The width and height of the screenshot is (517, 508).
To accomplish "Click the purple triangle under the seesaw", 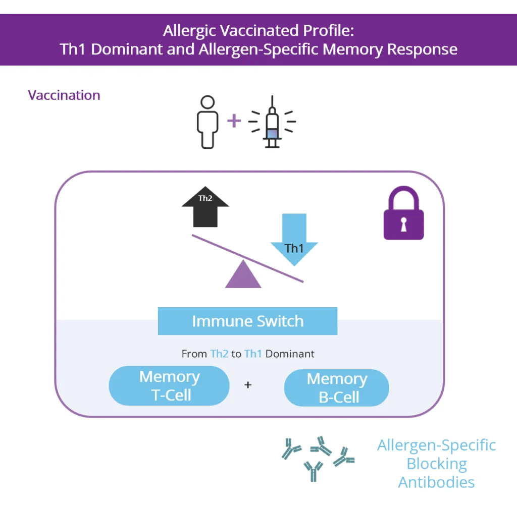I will pos(243,275).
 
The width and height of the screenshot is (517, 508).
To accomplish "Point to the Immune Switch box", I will pos(247,321).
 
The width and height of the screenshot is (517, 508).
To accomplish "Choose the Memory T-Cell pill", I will pos(169,386).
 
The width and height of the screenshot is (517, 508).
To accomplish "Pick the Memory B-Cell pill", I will pos(337,388).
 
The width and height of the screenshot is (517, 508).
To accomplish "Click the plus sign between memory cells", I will pos(248,385).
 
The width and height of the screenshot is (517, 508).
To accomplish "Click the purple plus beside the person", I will pos(233,121).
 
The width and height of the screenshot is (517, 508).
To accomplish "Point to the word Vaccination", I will pos(64,95).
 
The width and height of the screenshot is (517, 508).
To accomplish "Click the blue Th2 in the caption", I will pos(219,354).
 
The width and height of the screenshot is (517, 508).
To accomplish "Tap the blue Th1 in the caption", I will pos(253,354).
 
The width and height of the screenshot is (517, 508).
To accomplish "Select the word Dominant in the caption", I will pos(290,354).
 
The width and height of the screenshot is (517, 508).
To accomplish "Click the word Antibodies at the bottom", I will pos(436,482).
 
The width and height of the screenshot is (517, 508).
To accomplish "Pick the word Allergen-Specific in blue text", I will pos(436,445).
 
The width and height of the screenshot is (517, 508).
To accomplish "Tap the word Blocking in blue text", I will pos(436,464).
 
